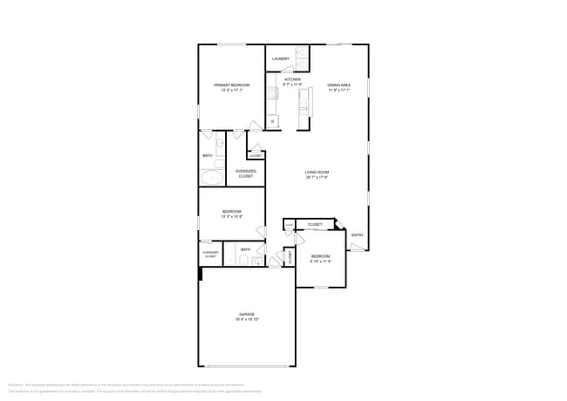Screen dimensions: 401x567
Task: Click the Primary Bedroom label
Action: [x=232, y=85]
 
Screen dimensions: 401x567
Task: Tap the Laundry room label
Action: [x=280, y=58]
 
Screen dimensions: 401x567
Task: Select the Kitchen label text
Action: [x=291, y=79]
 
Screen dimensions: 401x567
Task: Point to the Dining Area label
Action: [x=339, y=85]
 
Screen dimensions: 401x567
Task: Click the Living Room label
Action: [x=317, y=173]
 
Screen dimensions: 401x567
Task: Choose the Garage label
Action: [x=247, y=314]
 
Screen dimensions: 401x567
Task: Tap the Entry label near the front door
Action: [x=357, y=234]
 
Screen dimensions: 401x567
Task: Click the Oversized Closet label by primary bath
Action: [x=246, y=173]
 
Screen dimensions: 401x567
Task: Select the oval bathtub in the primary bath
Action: [x=212, y=178]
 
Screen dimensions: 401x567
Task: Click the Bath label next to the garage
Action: [x=246, y=249]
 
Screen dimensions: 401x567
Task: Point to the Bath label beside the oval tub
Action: [x=208, y=155]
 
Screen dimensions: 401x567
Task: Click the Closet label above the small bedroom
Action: [x=314, y=224]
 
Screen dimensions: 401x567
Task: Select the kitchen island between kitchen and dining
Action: [x=304, y=107]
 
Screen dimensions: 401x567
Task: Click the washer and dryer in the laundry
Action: [x=300, y=58]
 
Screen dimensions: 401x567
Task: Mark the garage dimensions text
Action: [x=247, y=320]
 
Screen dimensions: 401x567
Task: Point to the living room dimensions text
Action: [x=317, y=178]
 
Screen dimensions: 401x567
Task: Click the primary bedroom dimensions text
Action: [x=232, y=90]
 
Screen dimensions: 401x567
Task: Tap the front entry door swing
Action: [x=357, y=247]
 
